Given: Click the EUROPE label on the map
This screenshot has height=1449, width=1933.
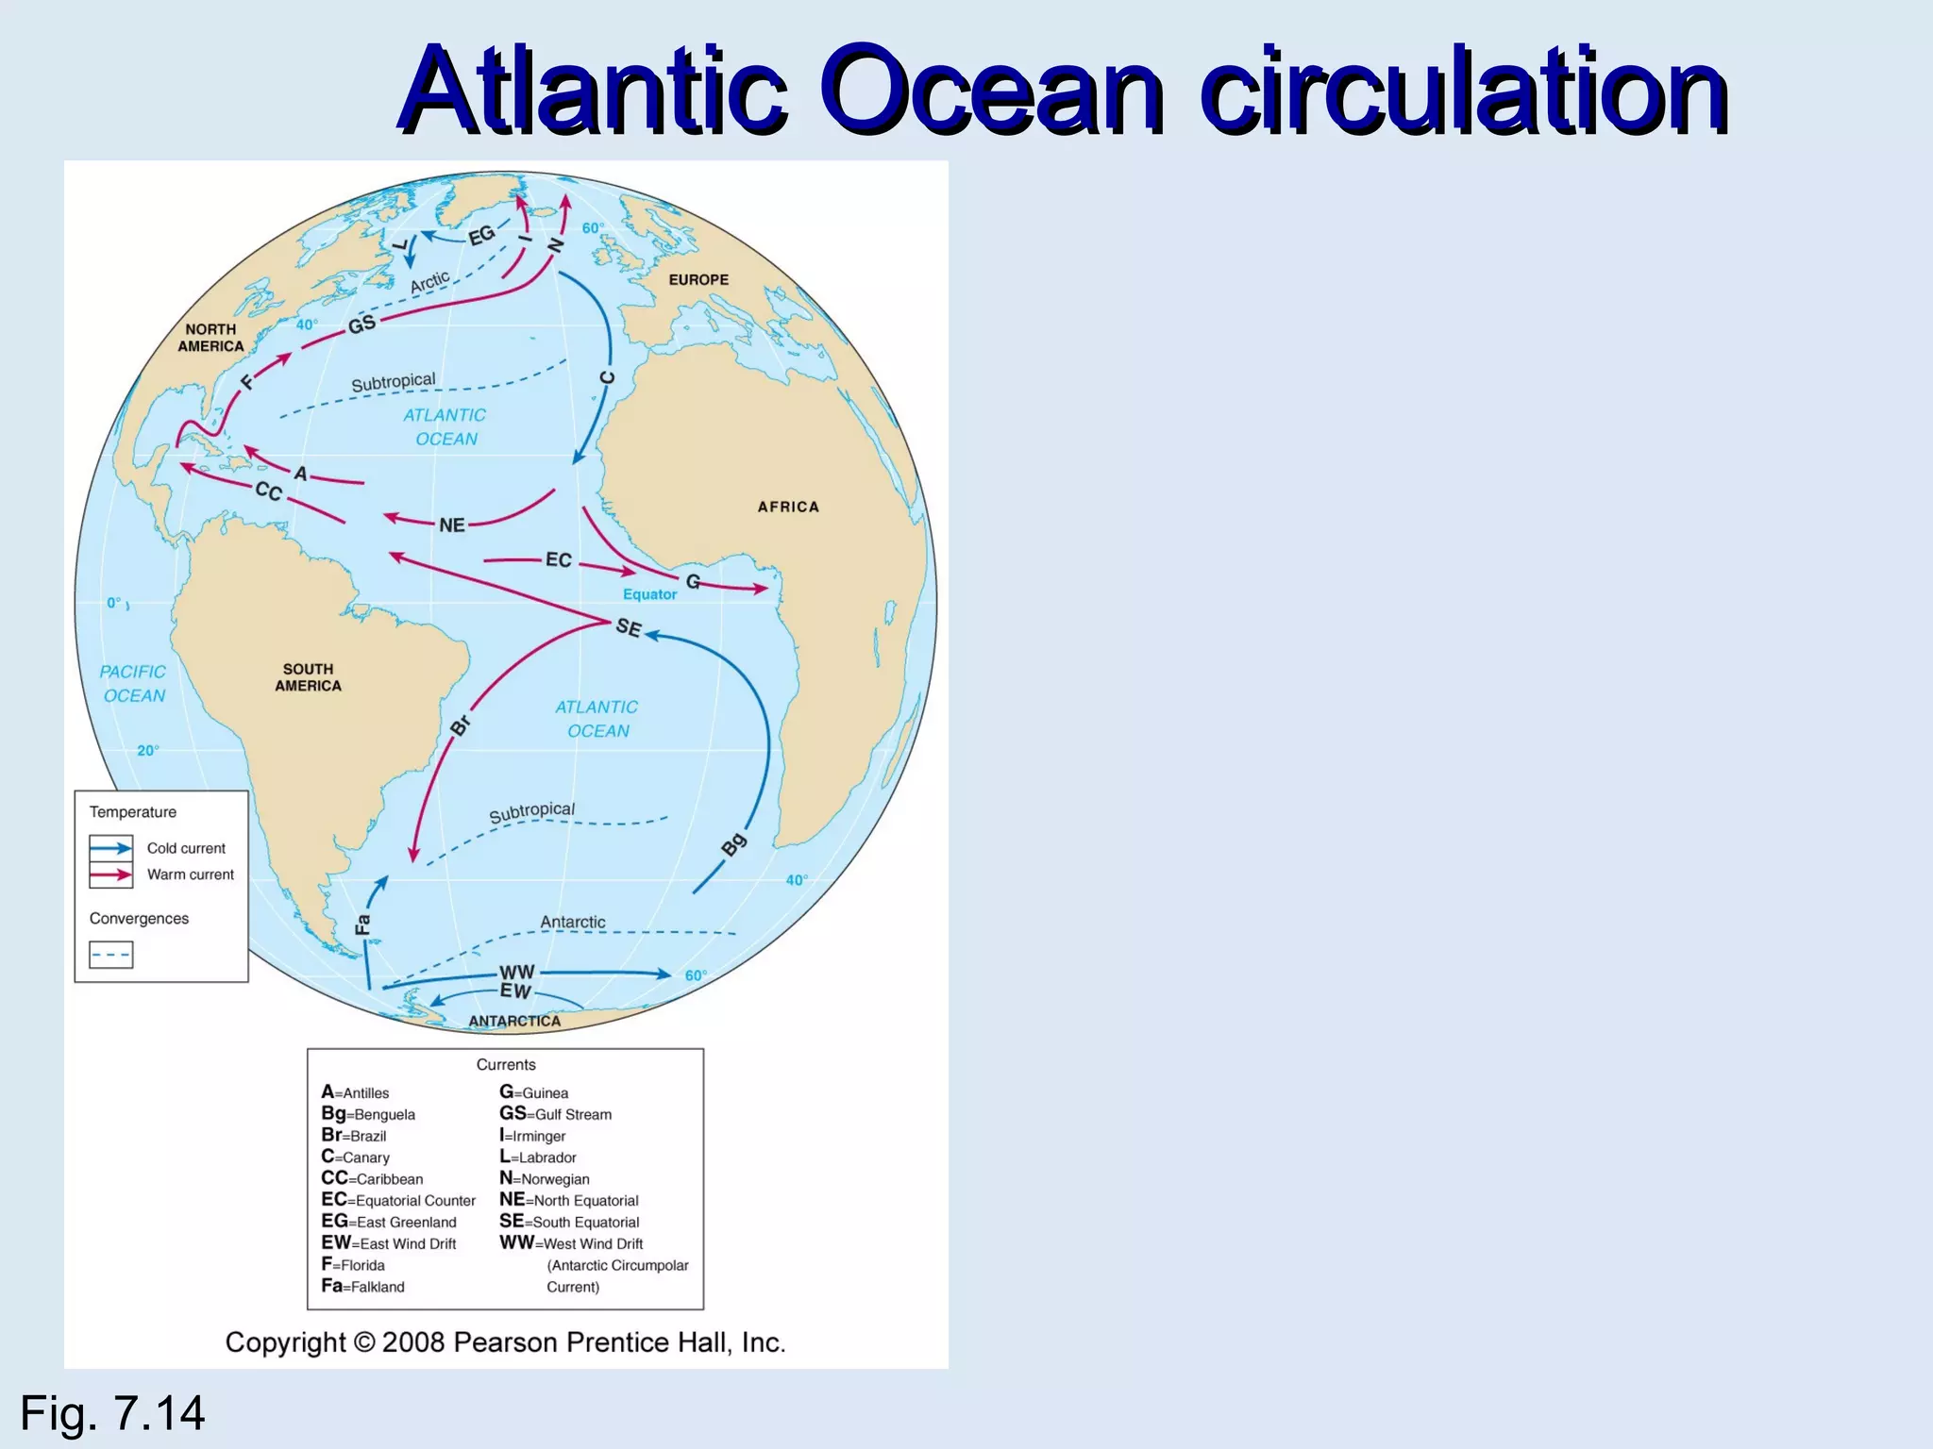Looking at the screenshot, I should coord(698,280).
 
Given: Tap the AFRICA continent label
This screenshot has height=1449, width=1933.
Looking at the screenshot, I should coord(788,508).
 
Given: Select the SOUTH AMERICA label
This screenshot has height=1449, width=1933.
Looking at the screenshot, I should coord(308,677).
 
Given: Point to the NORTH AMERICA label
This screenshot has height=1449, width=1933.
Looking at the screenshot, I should coord(211,338).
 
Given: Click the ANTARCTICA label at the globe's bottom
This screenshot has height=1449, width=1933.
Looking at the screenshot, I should coord(514,1021).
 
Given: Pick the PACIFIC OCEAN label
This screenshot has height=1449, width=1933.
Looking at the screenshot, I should coord(133,684).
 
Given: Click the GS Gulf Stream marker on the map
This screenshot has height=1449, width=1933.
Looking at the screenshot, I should coord(361,325).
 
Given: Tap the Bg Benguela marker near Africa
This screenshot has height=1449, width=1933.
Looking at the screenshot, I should coord(733,844).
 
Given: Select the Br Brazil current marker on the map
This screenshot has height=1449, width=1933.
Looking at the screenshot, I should coord(460,725).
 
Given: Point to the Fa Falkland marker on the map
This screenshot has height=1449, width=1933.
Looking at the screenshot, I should coord(362,924).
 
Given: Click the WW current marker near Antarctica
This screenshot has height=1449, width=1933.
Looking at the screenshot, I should coord(516,972).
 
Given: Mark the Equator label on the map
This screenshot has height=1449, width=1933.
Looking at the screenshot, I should coord(649,594).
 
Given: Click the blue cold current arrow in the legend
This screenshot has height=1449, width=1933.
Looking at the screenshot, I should coord(111,848).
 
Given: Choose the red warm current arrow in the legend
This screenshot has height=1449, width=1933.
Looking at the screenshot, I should coord(111,874).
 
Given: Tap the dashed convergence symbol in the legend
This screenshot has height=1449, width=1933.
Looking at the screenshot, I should coord(111,955).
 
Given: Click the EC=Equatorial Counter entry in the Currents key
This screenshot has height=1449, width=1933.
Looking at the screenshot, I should coord(398,1200).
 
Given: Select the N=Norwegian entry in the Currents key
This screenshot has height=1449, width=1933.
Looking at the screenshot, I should coord(545,1178).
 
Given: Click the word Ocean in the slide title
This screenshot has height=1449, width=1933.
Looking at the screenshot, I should coord(991,92).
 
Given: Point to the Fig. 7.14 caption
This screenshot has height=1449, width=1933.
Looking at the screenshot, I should coord(112,1413).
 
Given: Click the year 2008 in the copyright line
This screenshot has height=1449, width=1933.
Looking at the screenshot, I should coord(412,1342).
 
